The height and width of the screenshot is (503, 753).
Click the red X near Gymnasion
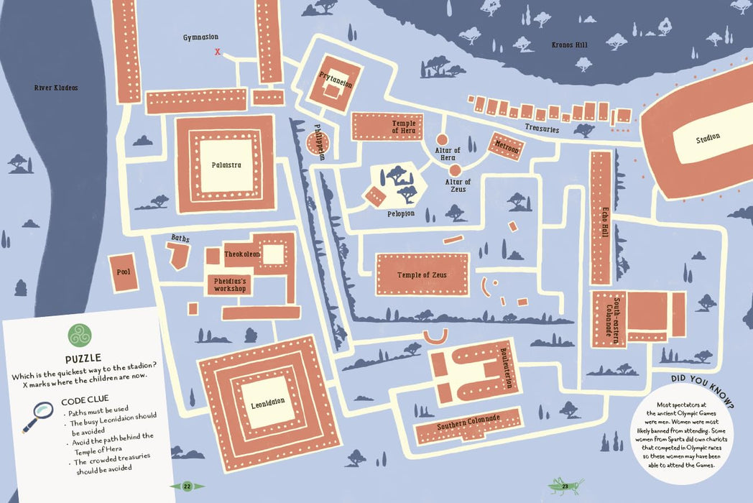point(218,51)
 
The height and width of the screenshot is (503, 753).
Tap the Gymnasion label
point(200,37)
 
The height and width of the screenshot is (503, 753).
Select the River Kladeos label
point(56,88)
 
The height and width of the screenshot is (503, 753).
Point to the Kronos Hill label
point(569,45)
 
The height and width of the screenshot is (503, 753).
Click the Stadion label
point(707,137)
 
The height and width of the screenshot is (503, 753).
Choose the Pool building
point(123,272)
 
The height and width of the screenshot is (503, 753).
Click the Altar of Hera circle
point(443,139)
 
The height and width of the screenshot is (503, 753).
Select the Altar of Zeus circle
point(454,170)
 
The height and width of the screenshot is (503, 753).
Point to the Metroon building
point(507,145)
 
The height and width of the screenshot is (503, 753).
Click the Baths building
point(177,254)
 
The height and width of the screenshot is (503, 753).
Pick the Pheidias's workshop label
point(230,285)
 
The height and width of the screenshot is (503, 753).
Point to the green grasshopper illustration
point(566,486)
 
